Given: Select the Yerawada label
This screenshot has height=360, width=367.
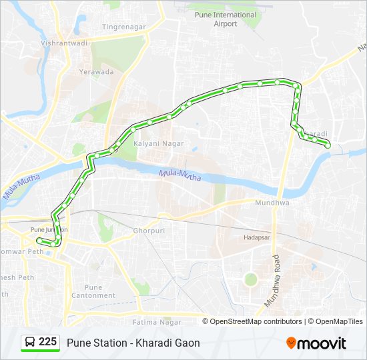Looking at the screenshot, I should [x=97, y=71].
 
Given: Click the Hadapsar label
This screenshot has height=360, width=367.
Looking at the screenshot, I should [x=256, y=237].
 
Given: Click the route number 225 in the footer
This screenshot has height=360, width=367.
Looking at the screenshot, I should [x=47, y=342].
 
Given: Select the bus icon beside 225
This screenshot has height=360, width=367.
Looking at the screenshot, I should [x=30, y=343].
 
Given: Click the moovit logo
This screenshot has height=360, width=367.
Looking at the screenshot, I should [x=316, y=343].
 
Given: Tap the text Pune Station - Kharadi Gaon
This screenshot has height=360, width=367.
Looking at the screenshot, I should [x=133, y=343].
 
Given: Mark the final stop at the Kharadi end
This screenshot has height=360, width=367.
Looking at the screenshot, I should [x=328, y=145].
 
